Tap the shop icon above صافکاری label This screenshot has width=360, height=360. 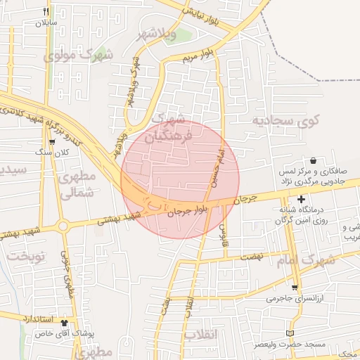click(x=313, y=160)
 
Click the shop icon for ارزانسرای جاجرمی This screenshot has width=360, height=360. click(x=294, y=287)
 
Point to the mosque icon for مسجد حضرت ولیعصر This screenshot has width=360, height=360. click(x=290, y=333)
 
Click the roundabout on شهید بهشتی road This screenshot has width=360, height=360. click(x=63, y=226)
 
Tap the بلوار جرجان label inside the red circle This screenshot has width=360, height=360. click(x=187, y=209)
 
